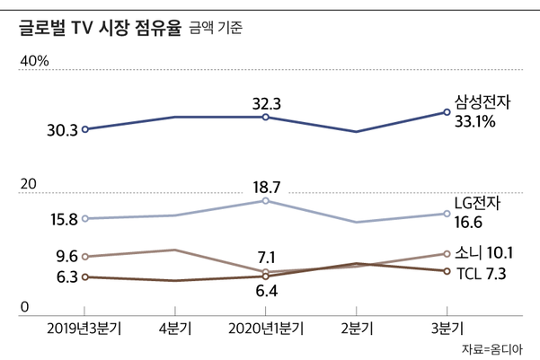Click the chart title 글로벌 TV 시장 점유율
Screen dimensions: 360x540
pyautogui.click(x=98, y=28)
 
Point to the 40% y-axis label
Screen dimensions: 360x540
pyautogui.click(x=34, y=61)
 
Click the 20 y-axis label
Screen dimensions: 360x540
pyautogui.click(x=28, y=184)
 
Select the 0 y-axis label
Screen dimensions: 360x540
pyautogui.click(x=25, y=308)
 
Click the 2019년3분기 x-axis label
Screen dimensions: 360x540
pyautogui.click(x=84, y=328)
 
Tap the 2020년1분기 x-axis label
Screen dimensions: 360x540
pyautogui.click(x=266, y=328)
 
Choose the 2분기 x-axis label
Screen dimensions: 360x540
pyautogui.click(x=357, y=328)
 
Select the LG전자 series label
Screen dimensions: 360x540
pyautogui.click(x=478, y=203)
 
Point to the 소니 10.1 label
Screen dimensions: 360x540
pyautogui.click(x=484, y=252)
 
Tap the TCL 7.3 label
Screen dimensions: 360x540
pyautogui.click(x=482, y=273)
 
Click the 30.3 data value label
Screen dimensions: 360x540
pyautogui.click(x=61, y=130)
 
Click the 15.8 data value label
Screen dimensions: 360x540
pyautogui.click(x=61, y=218)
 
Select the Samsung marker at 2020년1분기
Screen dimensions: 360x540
pyautogui.click(x=266, y=117)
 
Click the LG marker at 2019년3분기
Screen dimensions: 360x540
pyautogui.click(x=85, y=218)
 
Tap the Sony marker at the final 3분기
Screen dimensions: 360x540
pyautogui.click(x=447, y=254)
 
